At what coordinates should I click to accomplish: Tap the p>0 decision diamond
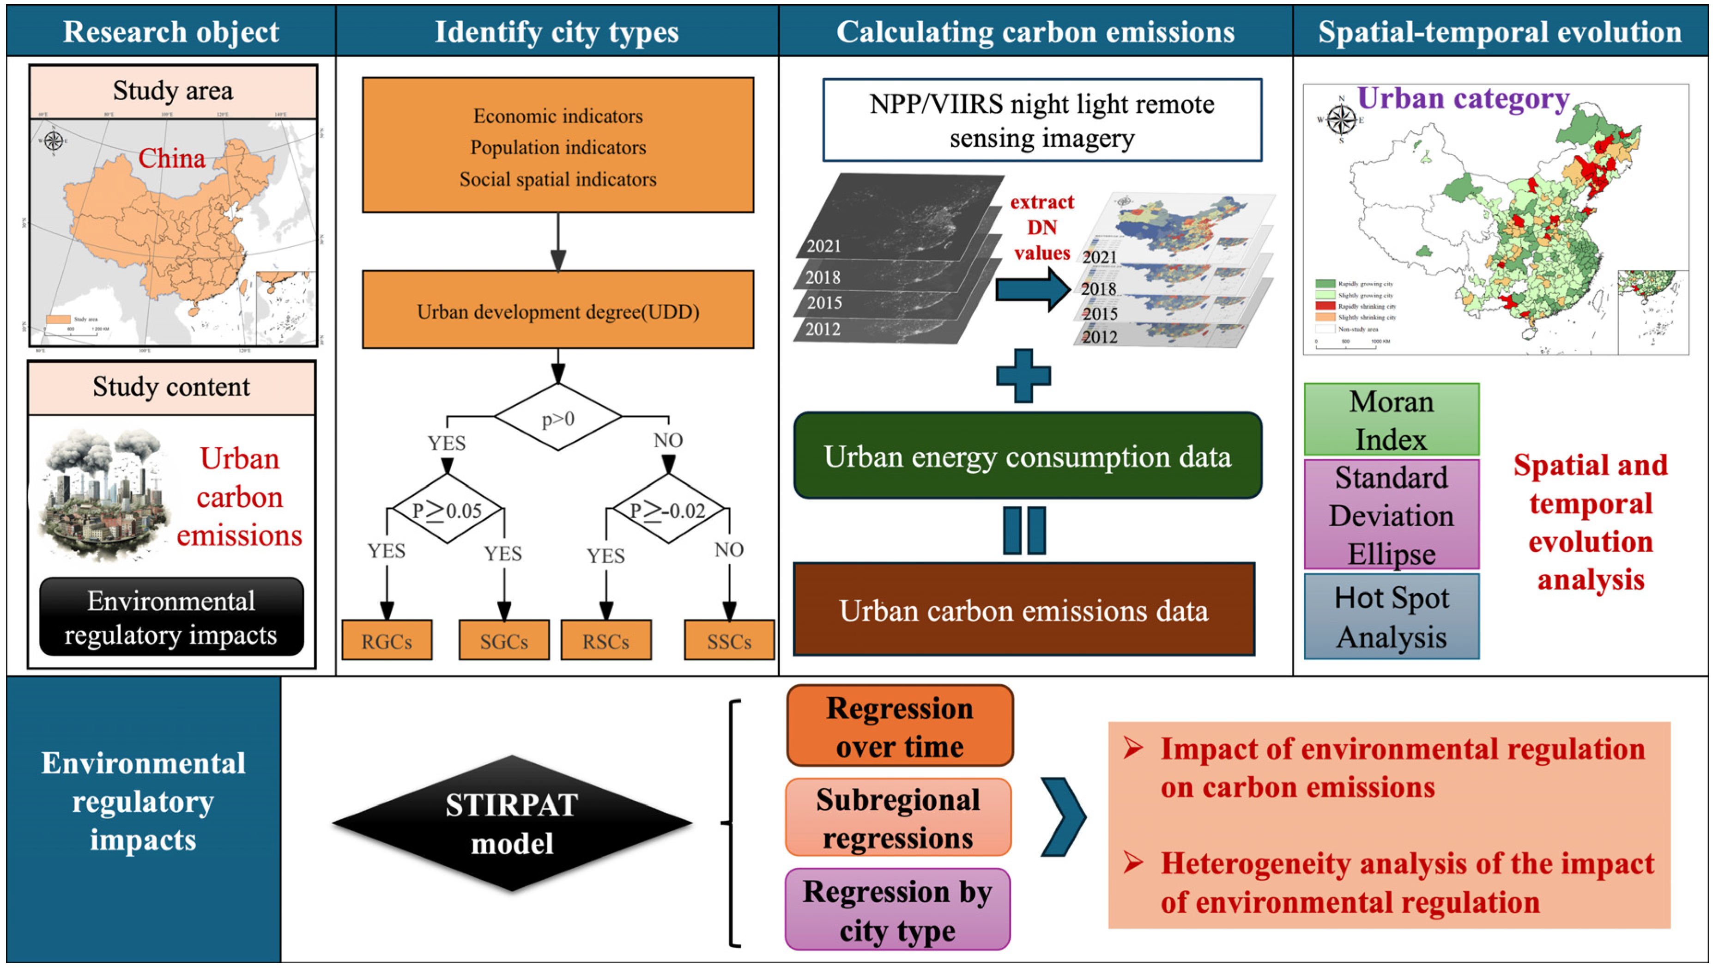558,418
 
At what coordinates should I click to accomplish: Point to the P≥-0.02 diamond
668,510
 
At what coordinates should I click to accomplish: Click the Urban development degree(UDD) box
558,310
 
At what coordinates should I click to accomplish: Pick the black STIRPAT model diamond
512,824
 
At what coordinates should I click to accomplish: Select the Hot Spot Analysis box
1391,617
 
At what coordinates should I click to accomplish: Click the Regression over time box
899,726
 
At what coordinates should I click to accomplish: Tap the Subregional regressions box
898,818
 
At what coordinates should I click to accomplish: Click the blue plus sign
1023,376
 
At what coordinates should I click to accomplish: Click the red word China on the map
171,158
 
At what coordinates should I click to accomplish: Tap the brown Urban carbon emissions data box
1023,610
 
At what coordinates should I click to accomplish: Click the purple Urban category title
1463,98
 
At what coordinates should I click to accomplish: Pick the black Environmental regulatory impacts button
171,617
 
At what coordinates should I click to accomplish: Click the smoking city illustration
103,496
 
